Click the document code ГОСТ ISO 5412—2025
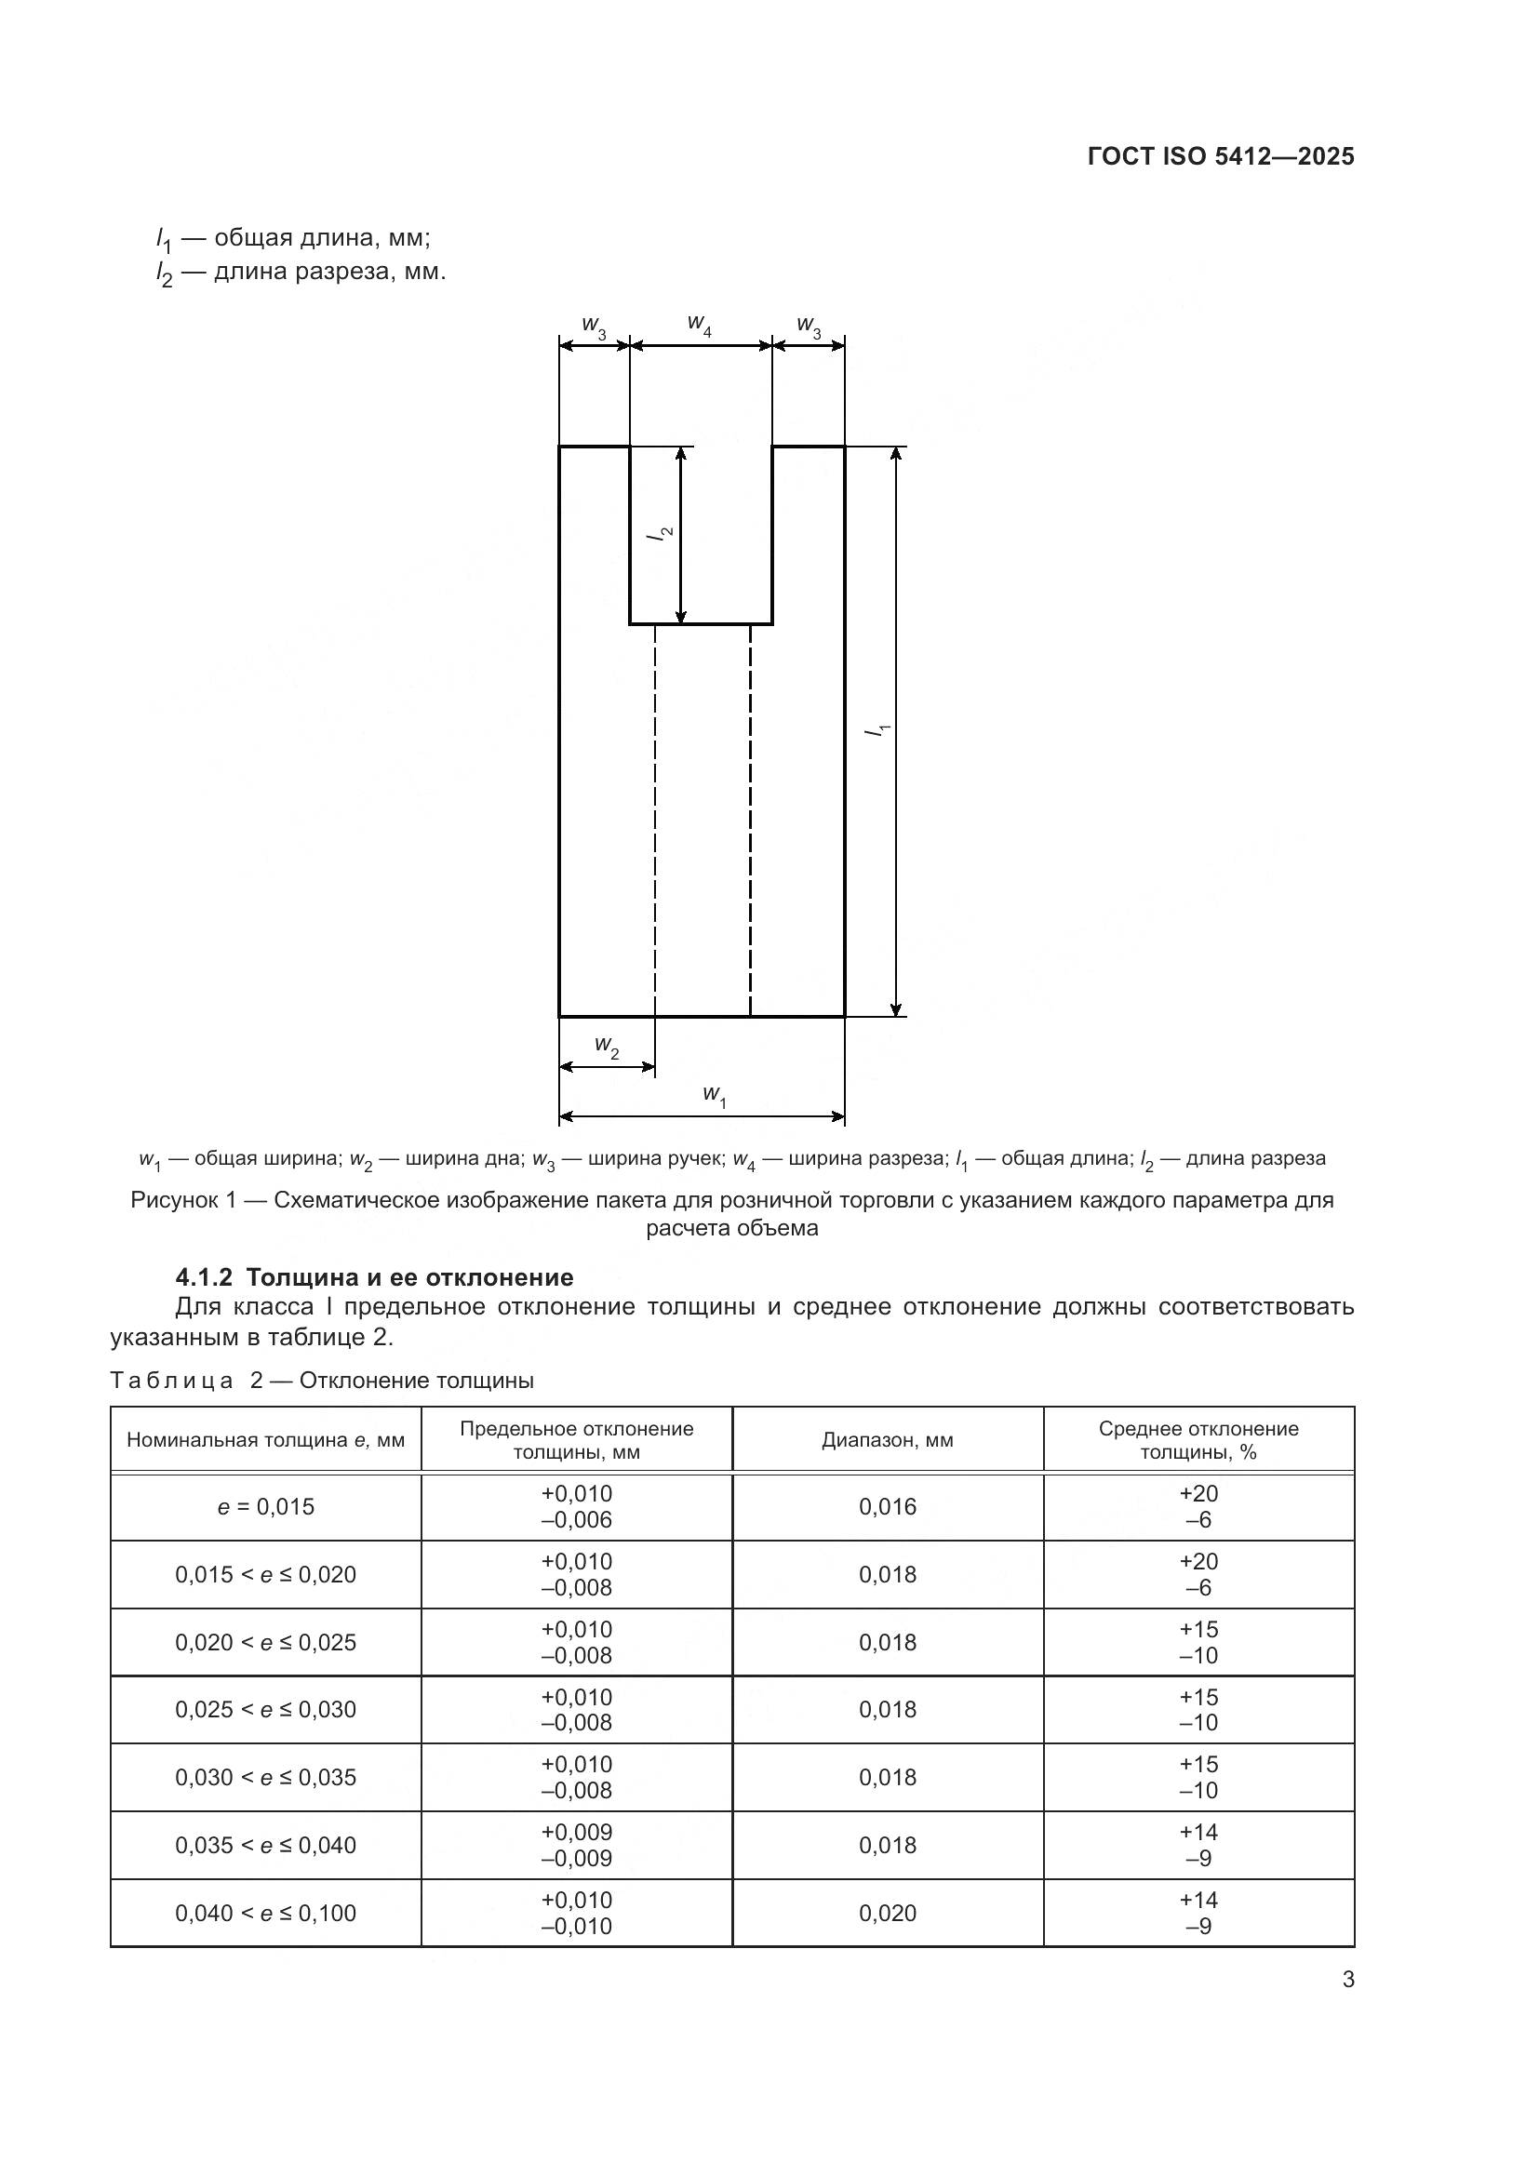pos(1221,156)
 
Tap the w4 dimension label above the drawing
pos(700,325)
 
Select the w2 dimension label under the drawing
pos(607,1047)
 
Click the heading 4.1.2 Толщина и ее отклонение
pos(374,1276)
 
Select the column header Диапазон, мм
pos(887,1440)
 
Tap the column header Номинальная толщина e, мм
pos(265,1440)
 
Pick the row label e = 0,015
pos(265,1507)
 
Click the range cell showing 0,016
pos(887,1507)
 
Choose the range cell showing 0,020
pos(887,1913)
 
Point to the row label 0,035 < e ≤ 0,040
pos(265,1845)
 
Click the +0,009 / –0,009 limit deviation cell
pos(576,1845)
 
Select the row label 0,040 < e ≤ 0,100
pos(265,1913)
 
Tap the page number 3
pos(1347,1980)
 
